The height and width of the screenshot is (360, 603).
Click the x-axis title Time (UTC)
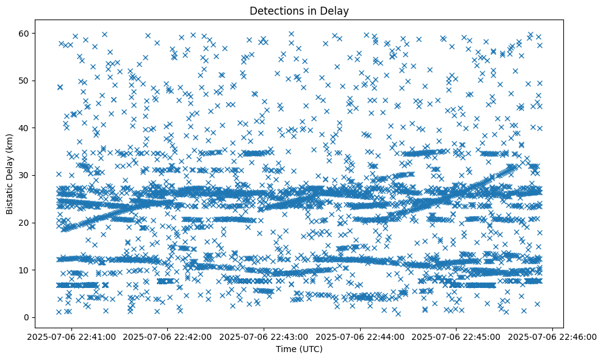pos(299,349)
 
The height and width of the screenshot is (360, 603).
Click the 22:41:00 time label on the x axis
pos(72,336)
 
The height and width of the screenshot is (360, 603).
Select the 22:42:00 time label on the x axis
pos(168,336)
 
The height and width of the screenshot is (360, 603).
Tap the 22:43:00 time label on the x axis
pos(264,336)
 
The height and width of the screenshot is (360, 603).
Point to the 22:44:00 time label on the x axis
pos(361,336)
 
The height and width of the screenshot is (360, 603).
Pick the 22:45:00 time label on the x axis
pos(457,336)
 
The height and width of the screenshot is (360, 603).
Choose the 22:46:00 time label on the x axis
pos(553,336)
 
